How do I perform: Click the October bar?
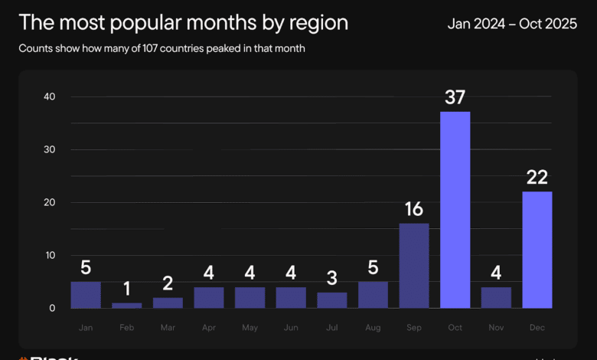click(x=455, y=210)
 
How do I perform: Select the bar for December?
click(x=537, y=250)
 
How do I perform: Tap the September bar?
click(x=413, y=266)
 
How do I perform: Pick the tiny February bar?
click(x=127, y=306)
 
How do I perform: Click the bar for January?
click(x=86, y=295)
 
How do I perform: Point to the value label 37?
click(x=455, y=97)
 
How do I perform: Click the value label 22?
click(x=537, y=177)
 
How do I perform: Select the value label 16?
click(x=413, y=209)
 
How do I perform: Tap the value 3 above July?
click(x=331, y=277)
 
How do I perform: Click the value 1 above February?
click(x=127, y=288)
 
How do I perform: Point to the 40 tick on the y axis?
click(x=50, y=97)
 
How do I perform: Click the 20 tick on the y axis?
click(x=50, y=202)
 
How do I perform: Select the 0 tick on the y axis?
click(x=53, y=308)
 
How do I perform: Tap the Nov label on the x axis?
click(x=495, y=327)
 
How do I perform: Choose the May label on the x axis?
click(x=250, y=327)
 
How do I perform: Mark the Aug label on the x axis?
click(x=373, y=327)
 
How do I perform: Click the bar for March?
click(x=168, y=303)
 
